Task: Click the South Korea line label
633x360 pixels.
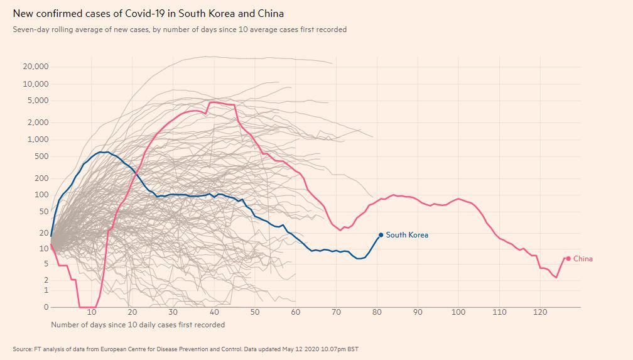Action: click(407, 235)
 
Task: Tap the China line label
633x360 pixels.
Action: click(583, 259)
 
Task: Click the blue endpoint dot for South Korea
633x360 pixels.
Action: click(381, 235)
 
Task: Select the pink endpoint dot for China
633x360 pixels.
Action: click(568, 258)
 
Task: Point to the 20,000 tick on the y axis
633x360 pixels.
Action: click(35, 67)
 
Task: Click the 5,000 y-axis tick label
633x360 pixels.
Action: click(38, 101)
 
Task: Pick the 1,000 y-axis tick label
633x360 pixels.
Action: click(38, 139)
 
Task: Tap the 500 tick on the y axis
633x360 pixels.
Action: click(41, 156)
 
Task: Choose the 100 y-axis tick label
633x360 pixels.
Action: click(41, 195)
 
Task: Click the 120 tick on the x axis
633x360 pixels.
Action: click(539, 312)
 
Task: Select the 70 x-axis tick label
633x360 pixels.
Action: click(336, 312)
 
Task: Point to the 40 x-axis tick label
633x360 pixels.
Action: click(214, 312)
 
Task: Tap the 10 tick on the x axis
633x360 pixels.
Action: click(92, 312)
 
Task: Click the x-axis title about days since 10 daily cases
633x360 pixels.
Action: click(138, 325)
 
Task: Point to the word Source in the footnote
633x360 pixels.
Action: click(23, 349)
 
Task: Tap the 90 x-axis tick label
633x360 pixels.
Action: click(418, 312)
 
